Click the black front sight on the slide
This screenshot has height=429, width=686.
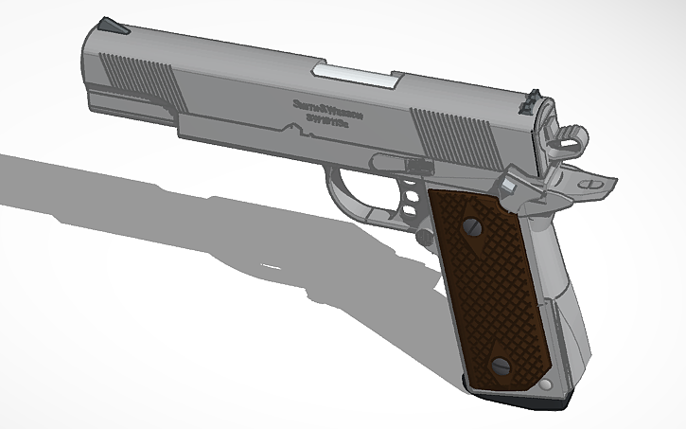(115, 26)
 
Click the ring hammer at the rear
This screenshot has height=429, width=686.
(568, 138)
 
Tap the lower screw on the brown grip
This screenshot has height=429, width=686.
(502, 366)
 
